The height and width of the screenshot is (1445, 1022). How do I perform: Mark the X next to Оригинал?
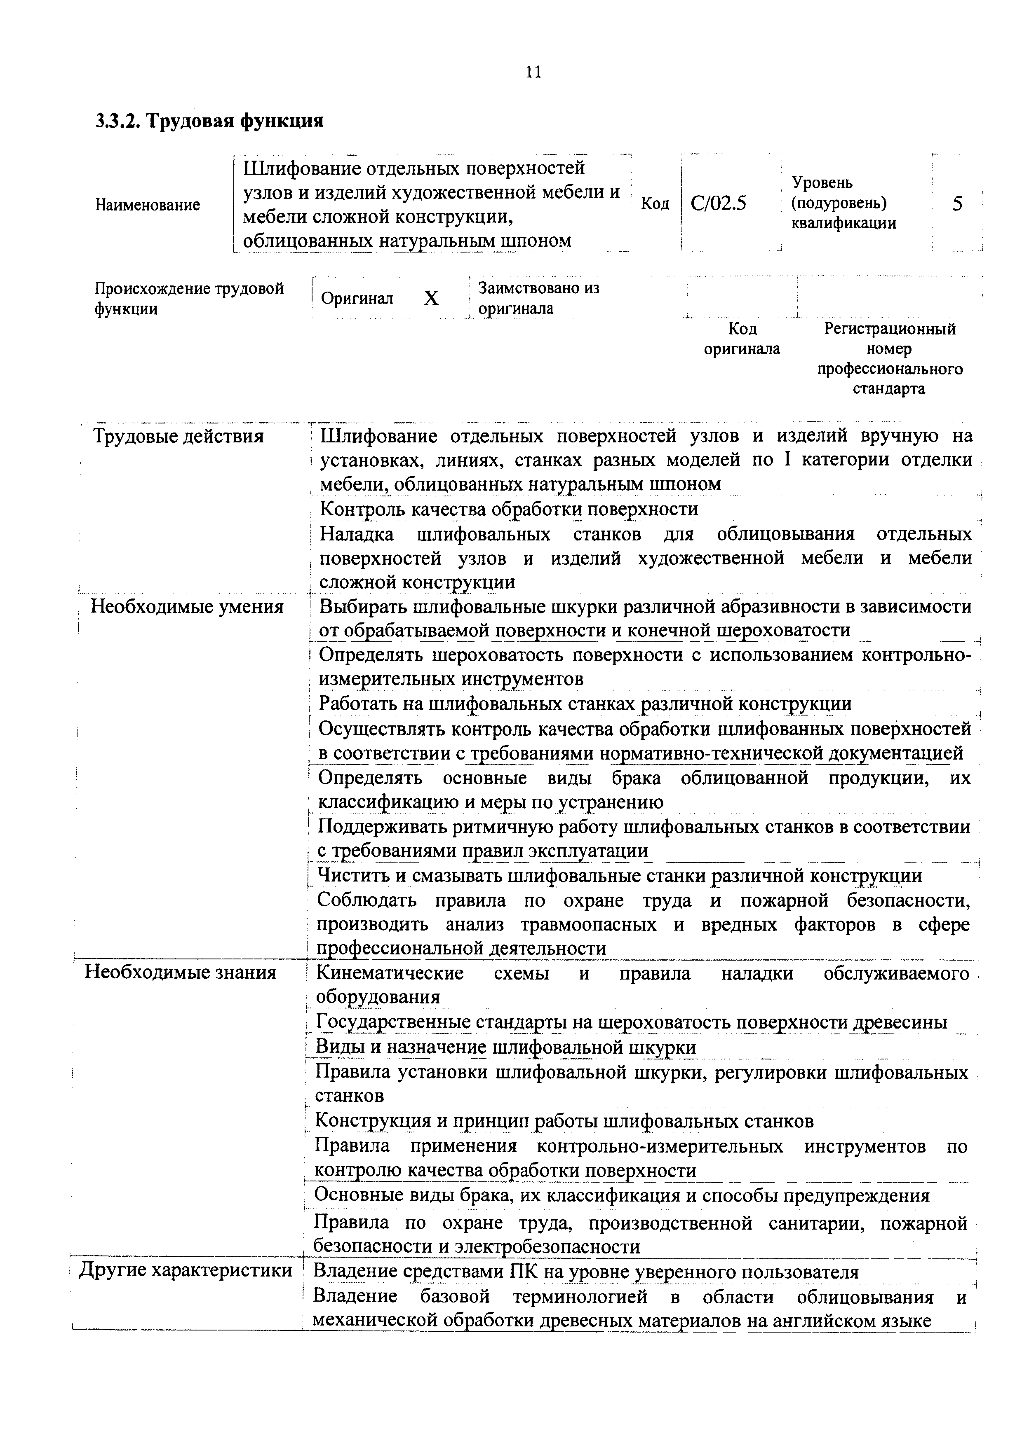point(431,298)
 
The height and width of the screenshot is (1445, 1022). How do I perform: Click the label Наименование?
point(147,205)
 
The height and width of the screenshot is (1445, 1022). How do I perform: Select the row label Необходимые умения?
point(187,607)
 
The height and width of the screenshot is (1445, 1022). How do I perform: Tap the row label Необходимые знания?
point(180,973)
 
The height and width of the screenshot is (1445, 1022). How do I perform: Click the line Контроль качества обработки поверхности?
point(509,509)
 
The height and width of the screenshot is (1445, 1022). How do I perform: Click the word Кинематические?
point(389,973)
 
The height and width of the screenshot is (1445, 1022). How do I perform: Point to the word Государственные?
point(392,1022)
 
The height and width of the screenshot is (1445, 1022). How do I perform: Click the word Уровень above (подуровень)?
point(822,182)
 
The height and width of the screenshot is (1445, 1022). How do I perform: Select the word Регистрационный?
point(889,329)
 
